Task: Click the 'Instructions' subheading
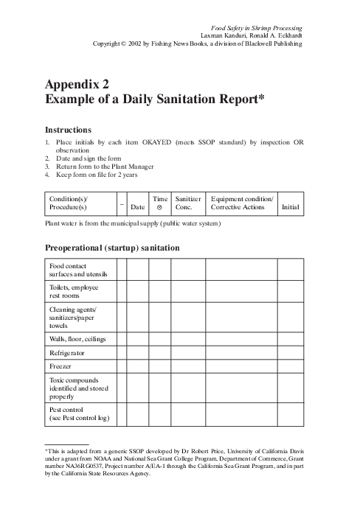[68, 129]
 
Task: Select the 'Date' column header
[137, 209]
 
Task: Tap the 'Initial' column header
[291, 209]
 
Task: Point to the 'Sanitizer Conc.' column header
[188, 203]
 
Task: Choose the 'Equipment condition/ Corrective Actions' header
[242, 203]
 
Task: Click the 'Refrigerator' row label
[67, 353]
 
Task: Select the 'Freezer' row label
[60, 366]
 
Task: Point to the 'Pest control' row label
[79, 413]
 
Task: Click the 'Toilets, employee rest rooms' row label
[74, 290]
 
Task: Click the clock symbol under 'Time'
[159, 209]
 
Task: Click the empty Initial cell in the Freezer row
[291, 366]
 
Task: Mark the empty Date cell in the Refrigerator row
[137, 353]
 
